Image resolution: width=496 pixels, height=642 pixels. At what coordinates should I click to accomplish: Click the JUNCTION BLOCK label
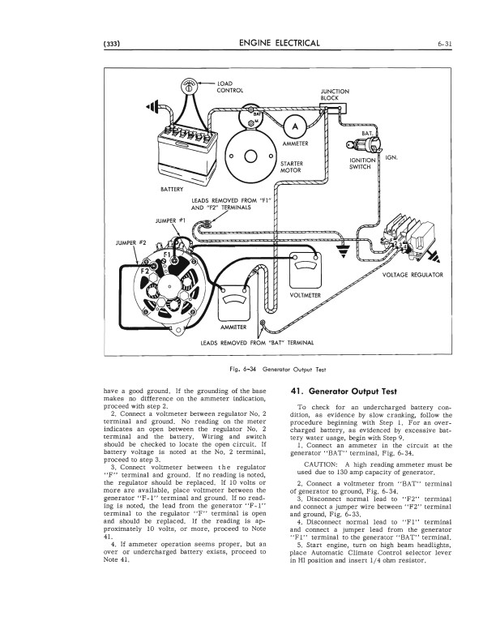tap(335, 96)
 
